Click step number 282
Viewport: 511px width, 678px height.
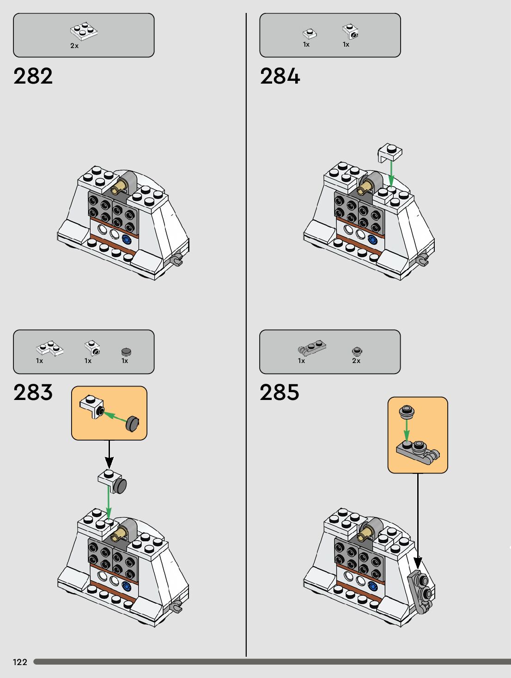point(33,76)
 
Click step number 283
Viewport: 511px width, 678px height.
point(33,393)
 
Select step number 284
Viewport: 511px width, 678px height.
point(280,76)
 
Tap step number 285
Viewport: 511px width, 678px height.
point(279,393)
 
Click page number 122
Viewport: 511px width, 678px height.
point(20,662)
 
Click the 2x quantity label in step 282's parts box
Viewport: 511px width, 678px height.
point(74,46)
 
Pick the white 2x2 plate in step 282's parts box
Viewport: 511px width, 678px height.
point(84,30)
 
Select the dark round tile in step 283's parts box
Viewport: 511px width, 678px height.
point(126,351)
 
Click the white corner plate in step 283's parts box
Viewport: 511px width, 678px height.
point(50,348)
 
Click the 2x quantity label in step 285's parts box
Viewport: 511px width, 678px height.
point(356,361)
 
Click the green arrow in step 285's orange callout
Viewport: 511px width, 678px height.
point(407,430)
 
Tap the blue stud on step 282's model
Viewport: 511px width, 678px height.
point(126,240)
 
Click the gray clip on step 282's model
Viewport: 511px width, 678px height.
point(176,260)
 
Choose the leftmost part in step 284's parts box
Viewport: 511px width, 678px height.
point(310,33)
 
